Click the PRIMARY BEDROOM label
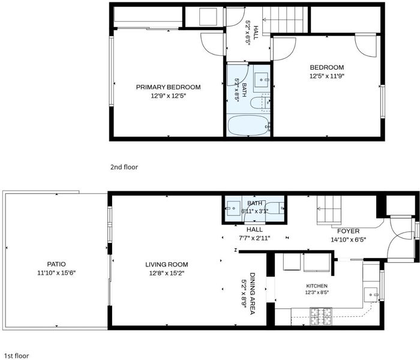168,87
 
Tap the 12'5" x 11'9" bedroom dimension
327,76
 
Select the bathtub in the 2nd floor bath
248,125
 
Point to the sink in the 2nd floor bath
261,80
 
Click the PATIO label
56,264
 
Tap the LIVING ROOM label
167,265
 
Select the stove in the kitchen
321,316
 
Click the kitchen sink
371,295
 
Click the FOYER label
348,231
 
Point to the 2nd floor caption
124,167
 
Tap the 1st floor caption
17,356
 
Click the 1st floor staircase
329,210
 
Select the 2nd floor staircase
285,20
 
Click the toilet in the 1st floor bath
275,208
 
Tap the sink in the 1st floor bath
233,208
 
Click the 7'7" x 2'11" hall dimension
254,238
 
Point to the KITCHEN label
317,286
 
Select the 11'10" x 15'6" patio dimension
56,273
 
